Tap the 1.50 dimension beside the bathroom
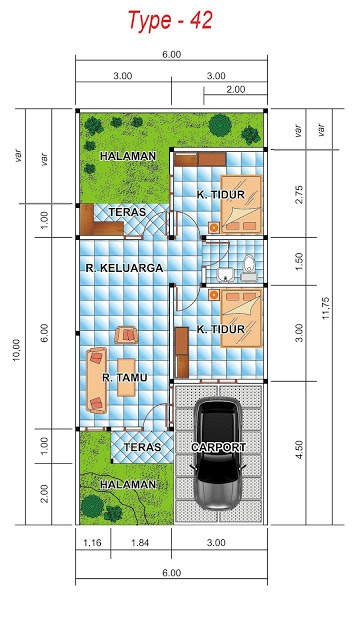point(297,260)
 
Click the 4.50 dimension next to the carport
point(297,453)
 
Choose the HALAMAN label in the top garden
point(127,155)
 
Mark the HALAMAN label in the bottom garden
point(127,484)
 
